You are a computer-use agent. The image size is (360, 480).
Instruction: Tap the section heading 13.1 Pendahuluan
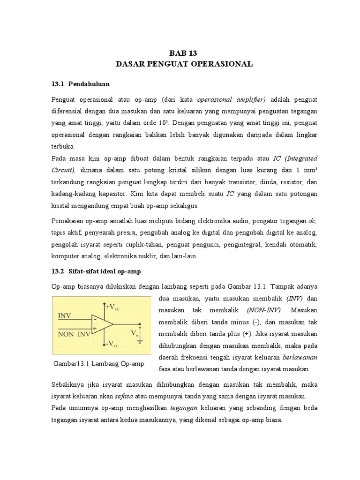(x=80, y=84)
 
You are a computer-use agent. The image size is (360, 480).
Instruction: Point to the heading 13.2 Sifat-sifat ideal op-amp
(x=96, y=271)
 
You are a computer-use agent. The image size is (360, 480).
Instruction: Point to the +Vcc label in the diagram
(x=113, y=307)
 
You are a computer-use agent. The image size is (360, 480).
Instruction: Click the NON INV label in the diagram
(x=74, y=335)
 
